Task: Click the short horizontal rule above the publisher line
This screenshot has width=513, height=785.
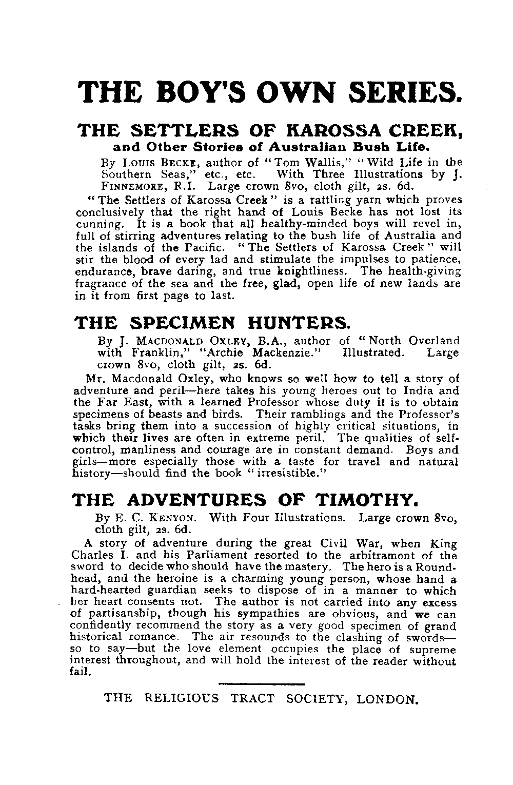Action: tap(261, 684)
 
